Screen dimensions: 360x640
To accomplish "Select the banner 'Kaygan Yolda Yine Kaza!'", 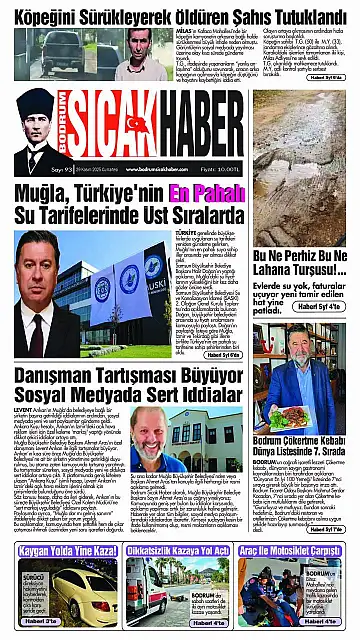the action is (x=61, y=551).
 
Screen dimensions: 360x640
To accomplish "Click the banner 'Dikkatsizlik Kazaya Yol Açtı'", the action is (x=180, y=551).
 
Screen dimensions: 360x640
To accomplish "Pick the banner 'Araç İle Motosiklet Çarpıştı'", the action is (x=299, y=551).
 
